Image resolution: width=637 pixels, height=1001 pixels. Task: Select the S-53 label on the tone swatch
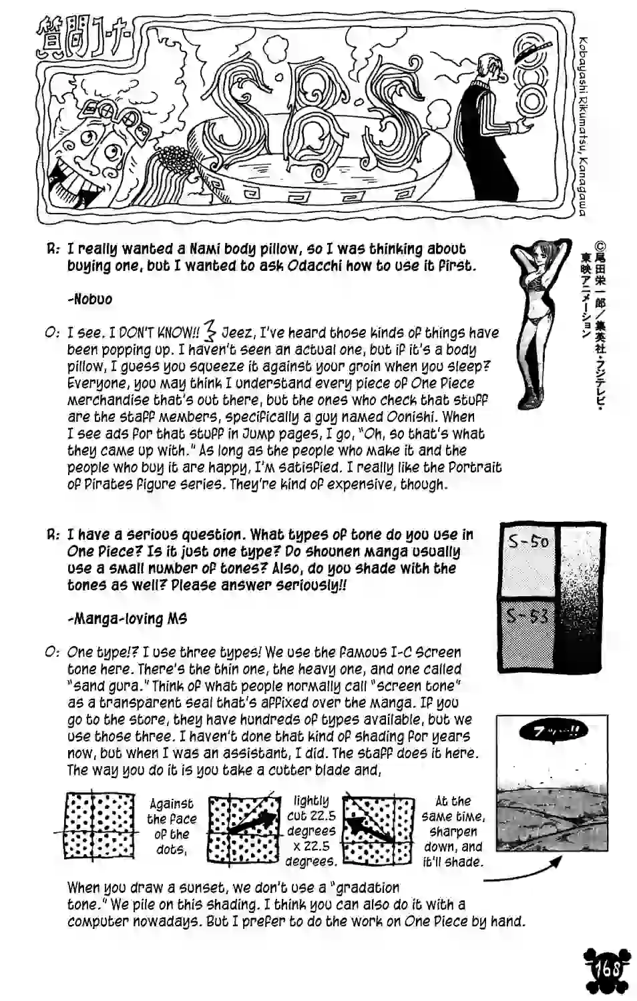pos(527,615)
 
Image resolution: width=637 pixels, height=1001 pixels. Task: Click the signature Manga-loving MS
pos(127,619)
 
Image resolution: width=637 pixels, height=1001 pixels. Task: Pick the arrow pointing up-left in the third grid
pos(371,825)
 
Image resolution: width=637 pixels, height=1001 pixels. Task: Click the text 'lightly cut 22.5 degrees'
pos(310,831)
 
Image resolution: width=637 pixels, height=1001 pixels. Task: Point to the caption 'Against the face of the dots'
pos(172,826)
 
